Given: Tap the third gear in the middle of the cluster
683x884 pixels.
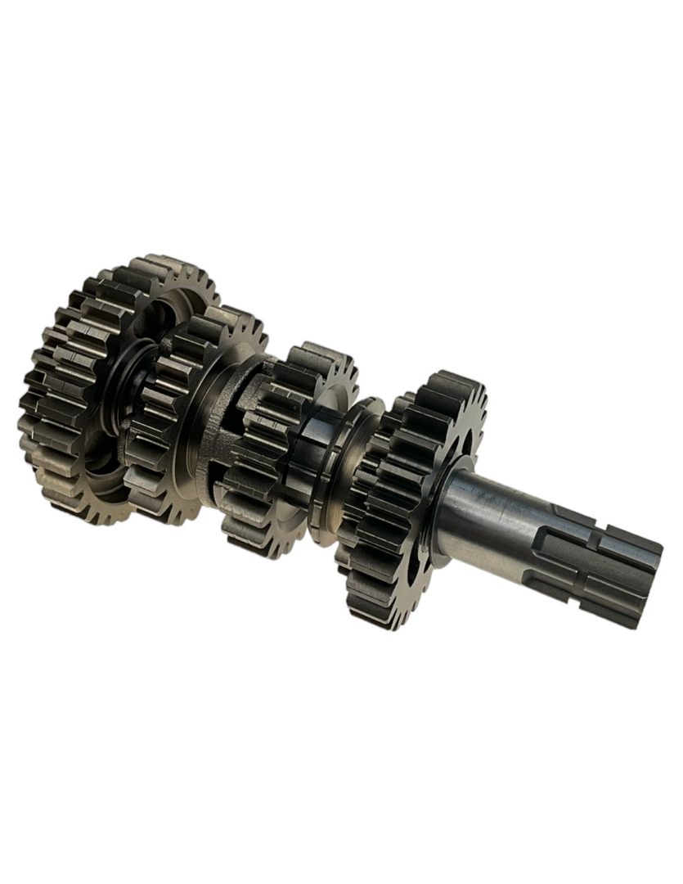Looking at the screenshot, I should coord(270,458).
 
